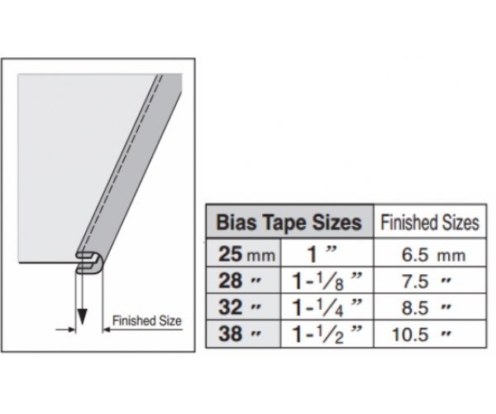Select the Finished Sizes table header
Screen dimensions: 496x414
pos(430,223)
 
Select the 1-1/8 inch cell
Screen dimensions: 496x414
pos(327,281)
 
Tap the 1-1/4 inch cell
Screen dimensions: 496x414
pos(327,307)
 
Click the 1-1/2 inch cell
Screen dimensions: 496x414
pos(327,335)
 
